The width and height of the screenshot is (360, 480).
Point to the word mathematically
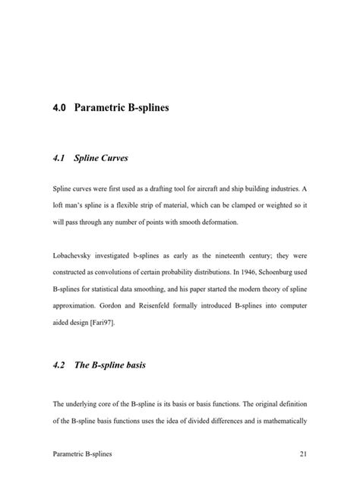pos(282,420)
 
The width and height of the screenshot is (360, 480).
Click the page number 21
pos(302,454)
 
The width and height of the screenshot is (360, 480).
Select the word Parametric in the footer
pos(71,454)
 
